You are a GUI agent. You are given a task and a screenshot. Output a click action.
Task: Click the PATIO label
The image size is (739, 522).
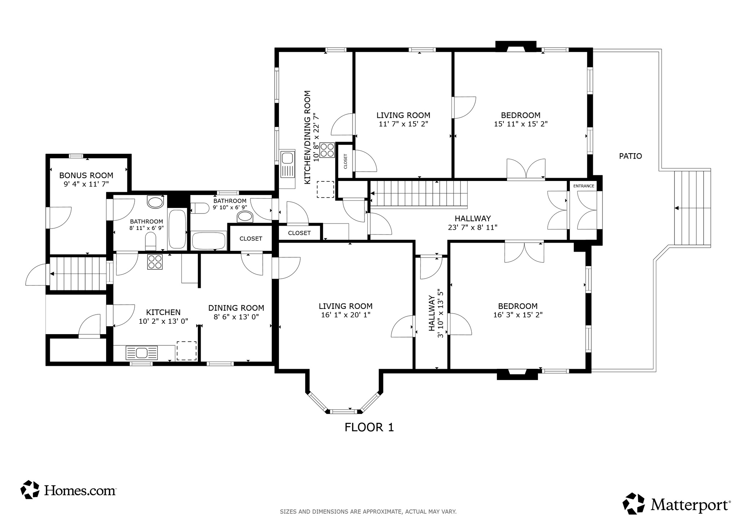[x=630, y=156]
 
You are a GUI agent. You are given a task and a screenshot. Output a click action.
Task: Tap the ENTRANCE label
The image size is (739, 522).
[x=583, y=186]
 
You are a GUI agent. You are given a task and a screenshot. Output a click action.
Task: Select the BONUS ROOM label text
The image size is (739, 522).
[x=86, y=176]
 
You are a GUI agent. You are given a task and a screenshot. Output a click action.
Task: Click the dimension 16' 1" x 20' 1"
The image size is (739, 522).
[x=346, y=315]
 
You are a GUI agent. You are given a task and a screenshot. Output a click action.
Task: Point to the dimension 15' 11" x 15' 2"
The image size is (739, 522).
[x=521, y=124]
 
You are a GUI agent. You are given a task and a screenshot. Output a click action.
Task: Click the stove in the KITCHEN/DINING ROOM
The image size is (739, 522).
[x=327, y=150]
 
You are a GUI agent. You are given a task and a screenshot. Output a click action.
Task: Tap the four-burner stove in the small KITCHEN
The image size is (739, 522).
[x=155, y=262]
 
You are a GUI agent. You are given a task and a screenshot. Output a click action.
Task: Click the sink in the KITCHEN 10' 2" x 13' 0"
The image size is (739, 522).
[x=141, y=352]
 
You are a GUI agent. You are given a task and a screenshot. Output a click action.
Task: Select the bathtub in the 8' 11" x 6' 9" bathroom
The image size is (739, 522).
[x=177, y=229]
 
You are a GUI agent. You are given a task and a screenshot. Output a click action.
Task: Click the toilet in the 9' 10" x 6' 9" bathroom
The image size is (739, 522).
[x=200, y=208]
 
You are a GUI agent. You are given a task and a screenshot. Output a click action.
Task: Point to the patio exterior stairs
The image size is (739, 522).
[x=692, y=208]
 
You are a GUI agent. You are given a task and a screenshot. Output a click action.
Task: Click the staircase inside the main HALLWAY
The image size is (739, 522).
[x=419, y=194]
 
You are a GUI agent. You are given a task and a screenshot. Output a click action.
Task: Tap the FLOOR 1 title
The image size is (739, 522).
[x=369, y=428]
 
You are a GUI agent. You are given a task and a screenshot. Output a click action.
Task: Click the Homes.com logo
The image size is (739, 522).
[x=69, y=490]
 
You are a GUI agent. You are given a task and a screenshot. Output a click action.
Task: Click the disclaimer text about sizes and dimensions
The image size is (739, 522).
[x=368, y=512]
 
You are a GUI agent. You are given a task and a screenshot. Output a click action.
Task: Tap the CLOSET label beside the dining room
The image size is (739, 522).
[x=251, y=239]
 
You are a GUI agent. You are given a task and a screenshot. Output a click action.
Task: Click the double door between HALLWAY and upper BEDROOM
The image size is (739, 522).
[x=526, y=169]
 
